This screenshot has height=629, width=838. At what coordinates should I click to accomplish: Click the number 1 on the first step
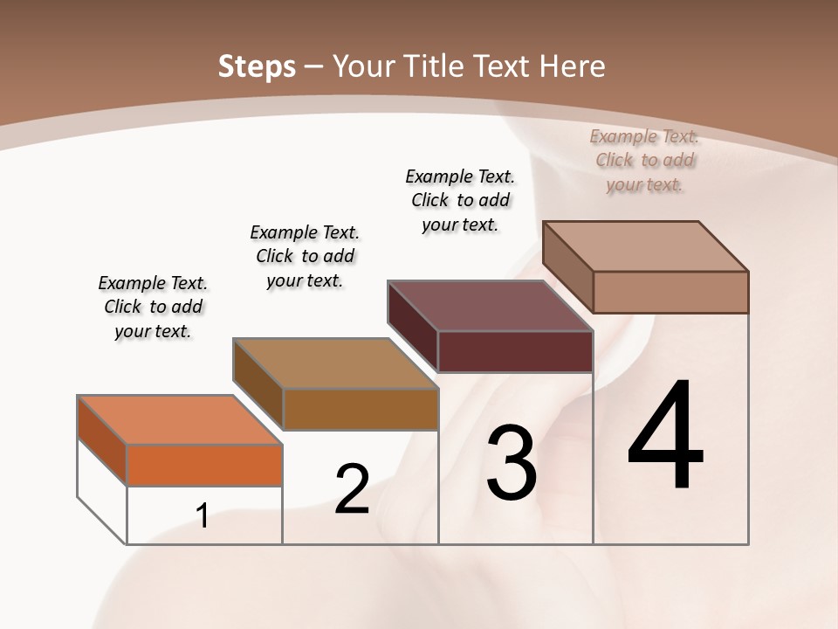coord(203,515)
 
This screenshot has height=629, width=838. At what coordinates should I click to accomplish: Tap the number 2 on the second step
coord(352,489)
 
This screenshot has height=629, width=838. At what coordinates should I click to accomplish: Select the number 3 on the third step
coord(512,463)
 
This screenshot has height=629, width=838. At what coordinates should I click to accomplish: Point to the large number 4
coord(665,437)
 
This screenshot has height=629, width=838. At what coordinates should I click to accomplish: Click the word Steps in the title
coord(257,66)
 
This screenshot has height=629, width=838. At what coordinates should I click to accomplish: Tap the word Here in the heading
coord(573,66)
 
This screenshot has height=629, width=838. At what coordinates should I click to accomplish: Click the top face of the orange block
coord(179,420)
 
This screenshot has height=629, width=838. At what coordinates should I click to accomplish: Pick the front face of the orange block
coord(204,465)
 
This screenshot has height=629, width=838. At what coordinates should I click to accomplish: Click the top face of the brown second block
coord(335,363)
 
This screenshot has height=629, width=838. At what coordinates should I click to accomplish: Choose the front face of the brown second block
coord(361,409)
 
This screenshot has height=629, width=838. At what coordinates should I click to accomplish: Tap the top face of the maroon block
coord(490,306)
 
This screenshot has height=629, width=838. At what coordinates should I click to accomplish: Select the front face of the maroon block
coord(515,351)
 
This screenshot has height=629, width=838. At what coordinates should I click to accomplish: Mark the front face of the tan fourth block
coord(670,292)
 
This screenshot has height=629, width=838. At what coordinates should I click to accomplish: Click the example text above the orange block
coord(153,308)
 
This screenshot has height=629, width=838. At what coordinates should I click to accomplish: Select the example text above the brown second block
coord(305,257)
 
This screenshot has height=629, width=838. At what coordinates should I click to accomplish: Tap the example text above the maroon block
coord(460,201)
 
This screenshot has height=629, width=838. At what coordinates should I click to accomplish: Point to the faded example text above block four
coord(644,161)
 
